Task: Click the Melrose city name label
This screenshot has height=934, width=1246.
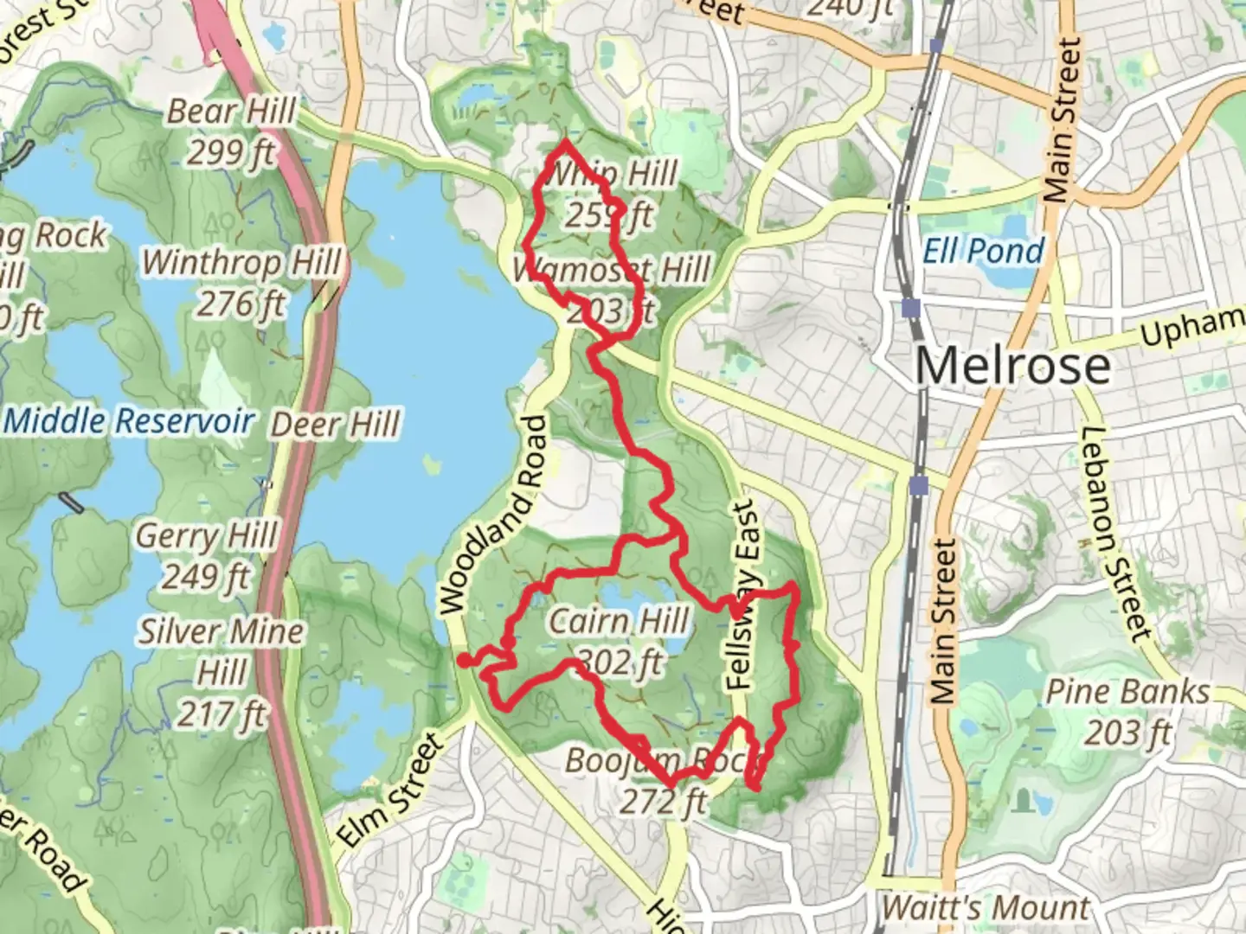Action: click(1012, 365)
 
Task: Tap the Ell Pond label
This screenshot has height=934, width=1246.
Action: click(984, 251)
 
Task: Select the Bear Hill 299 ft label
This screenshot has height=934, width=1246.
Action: click(231, 131)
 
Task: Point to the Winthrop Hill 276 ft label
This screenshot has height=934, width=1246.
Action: click(241, 282)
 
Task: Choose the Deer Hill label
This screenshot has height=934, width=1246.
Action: click(335, 425)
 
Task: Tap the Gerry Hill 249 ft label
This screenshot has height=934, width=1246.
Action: click(206, 555)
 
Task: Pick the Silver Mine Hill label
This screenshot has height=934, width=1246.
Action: click(222, 672)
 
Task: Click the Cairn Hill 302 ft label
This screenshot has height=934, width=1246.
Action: click(620, 641)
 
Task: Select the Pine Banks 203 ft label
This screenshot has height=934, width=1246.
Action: click(1127, 711)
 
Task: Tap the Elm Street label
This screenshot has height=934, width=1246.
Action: click(389, 789)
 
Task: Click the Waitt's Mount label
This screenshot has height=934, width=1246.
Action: click(985, 908)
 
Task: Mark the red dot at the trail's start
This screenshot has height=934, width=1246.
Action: click(465, 661)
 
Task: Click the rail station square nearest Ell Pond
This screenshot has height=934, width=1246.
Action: click(909, 308)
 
